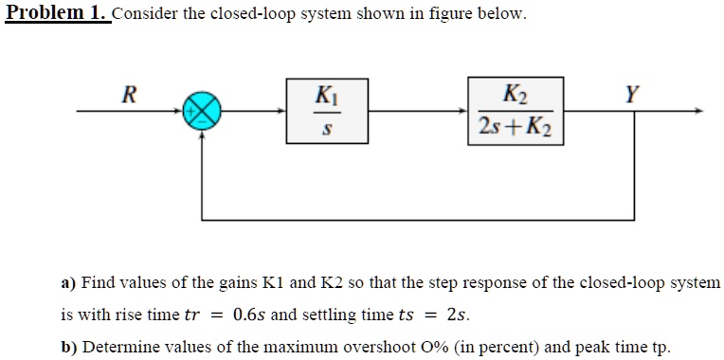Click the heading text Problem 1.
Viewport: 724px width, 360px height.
[x=56, y=14]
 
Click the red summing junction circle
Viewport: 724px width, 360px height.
[x=202, y=112]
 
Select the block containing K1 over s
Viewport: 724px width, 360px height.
[x=324, y=112]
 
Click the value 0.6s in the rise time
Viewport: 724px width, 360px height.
[x=250, y=314]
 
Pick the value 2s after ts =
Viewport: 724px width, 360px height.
[x=457, y=314]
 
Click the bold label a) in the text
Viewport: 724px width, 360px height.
[x=68, y=282]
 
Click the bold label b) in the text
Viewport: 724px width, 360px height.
[x=68, y=346]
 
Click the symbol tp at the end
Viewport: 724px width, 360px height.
[x=661, y=346]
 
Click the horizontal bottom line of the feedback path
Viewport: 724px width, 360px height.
[x=417, y=219]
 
